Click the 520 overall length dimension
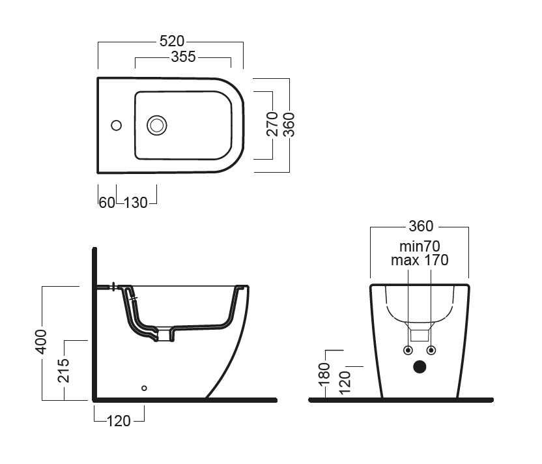(171, 40)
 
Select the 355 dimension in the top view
(183, 57)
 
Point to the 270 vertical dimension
(274, 124)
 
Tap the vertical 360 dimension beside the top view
(290, 124)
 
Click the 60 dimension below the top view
(107, 202)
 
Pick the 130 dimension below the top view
(135, 202)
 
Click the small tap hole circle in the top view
(117, 124)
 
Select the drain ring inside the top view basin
(157, 124)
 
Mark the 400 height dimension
(40, 341)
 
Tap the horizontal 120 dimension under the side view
(119, 421)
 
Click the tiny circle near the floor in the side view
(145, 388)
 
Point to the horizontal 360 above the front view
(420, 226)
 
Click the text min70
(420, 246)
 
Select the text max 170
(420, 261)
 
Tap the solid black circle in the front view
(420, 368)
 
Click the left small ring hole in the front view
(408, 349)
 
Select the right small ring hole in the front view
(431, 349)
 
